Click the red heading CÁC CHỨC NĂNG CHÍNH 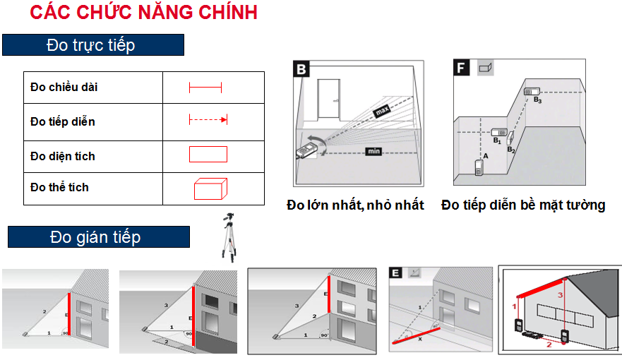tap(143, 12)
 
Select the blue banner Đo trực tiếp tap(93, 44)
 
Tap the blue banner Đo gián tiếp tap(99, 237)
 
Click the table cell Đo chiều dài tap(93, 88)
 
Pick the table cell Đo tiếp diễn tap(93, 122)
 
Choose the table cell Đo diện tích tap(93, 157)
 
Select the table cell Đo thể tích tap(93, 188)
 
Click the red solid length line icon tap(205, 88)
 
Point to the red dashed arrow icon tap(208, 119)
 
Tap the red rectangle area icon tap(208, 154)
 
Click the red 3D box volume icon tap(210, 188)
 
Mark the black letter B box tap(301, 69)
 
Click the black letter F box tap(461, 68)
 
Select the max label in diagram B tap(382, 111)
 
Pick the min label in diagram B tap(373, 151)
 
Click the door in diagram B tap(329, 100)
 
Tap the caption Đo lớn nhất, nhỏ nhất tap(355, 205)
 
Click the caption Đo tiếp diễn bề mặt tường tap(523, 205)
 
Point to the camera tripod tap(229, 237)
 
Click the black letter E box tap(395, 272)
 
